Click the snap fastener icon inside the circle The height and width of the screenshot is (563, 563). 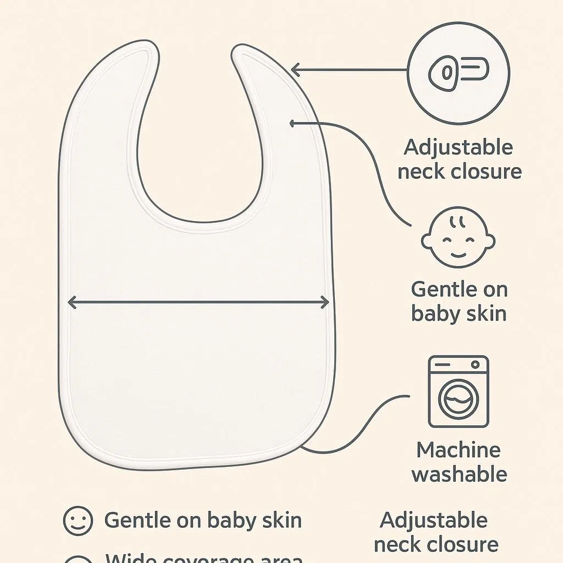click(459, 73)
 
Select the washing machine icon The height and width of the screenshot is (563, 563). click(458, 391)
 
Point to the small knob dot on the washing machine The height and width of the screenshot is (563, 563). click(475, 365)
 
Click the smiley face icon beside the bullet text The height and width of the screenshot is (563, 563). click(78, 521)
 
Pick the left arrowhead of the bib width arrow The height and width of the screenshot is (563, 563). click(72, 303)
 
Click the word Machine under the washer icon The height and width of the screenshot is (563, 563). click(458, 450)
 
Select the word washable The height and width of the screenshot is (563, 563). click(459, 474)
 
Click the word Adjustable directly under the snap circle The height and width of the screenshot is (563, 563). click(458, 148)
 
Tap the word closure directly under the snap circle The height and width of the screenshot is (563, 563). click(486, 172)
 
